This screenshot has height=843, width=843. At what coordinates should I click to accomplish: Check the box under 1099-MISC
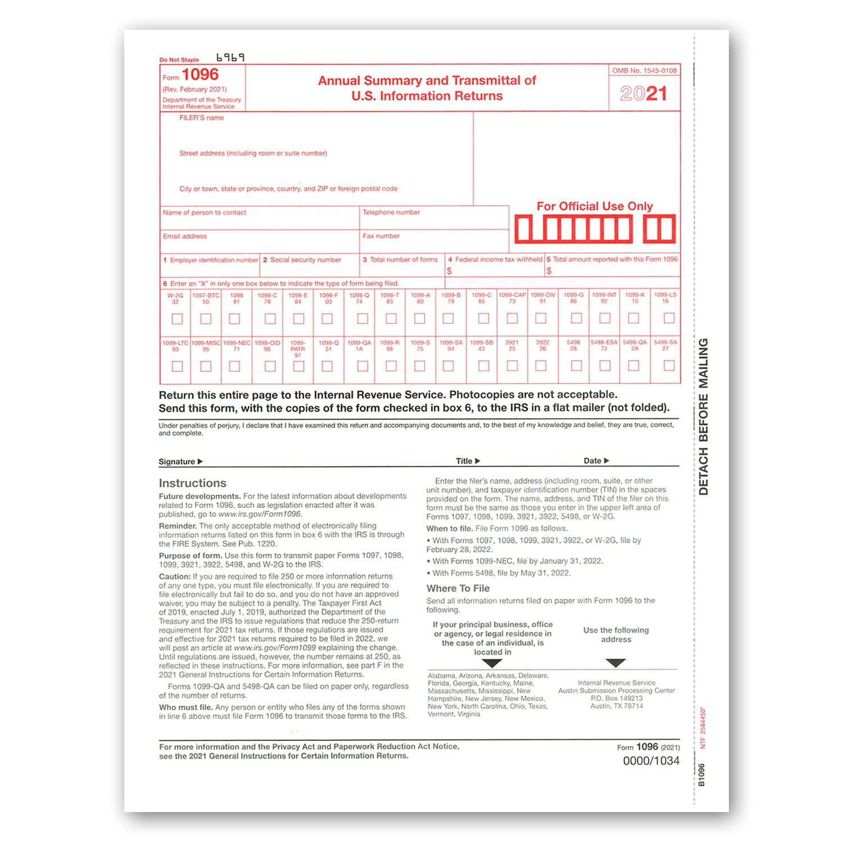[x=206, y=366]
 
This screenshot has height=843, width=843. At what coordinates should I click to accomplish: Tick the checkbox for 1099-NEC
[x=235, y=366]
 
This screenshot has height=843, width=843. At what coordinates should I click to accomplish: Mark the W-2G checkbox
[x=177, y=319]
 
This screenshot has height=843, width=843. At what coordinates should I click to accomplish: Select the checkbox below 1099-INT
[x=605, y=318]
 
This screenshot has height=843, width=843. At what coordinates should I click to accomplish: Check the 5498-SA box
[x=669, y=366]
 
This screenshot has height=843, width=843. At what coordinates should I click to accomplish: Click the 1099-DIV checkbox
[x=541, y=318]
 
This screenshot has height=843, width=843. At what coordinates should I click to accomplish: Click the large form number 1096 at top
[x=200, y=75]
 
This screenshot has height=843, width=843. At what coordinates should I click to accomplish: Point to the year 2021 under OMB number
[x=643, y=93]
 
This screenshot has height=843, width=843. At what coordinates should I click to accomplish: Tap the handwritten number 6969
[x=230, y=57]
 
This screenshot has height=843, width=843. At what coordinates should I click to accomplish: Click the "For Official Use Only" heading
[x=595, y=206]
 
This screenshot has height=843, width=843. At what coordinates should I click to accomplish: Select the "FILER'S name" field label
[x=201, y=118]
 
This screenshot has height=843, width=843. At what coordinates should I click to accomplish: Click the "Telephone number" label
[x=391, y=212]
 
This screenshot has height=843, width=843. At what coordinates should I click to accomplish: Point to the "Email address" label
[x=185, y=237]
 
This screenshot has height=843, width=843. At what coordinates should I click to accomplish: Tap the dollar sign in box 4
[x=450, y=271]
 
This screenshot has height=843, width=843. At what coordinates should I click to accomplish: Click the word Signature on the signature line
[x=176, y=462]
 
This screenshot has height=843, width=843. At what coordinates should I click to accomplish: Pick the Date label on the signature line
[x=592, y=461]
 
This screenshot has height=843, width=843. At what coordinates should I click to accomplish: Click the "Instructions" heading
[x=192, y=483]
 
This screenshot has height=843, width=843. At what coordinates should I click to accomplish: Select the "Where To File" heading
[x=458, y=588]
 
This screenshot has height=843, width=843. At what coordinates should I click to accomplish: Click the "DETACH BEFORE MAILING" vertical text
[x=703, y=416]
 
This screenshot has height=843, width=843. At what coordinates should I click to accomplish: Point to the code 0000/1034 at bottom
[x=651, y=761]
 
